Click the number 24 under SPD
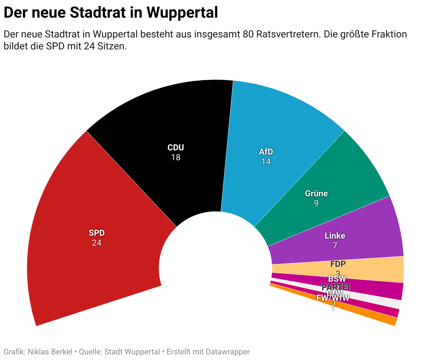[96, 243]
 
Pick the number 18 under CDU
[176, 157]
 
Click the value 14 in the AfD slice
[266, 162]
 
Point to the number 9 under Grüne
[316, 203]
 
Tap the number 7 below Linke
[335, 246]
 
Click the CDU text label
[176, 148]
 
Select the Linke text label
[335, 236]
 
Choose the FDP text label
[338, 264]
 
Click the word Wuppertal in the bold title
[182, 13]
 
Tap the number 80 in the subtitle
[248, 34]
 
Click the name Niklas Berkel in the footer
[50, 352]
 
